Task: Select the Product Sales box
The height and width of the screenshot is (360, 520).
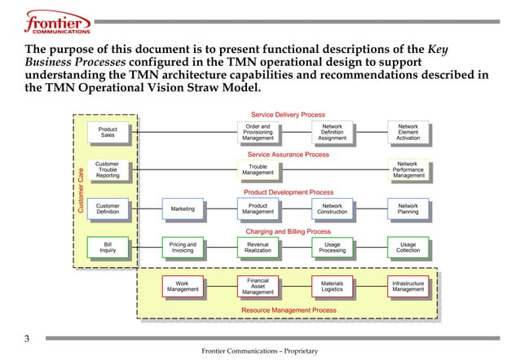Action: point(108,132)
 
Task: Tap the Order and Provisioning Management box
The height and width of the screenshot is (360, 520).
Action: point(258,133)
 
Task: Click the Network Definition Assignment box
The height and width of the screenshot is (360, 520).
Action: point(333,133)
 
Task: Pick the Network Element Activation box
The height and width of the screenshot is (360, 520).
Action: point(408,133)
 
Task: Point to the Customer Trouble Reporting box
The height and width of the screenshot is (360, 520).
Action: point(108,169)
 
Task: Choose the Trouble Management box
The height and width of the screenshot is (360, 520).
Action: point(258,169)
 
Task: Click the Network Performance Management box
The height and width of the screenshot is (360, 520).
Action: point(408,169)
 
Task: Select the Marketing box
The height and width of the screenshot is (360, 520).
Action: point(183,209)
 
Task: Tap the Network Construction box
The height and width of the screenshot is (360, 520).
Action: point(333,209)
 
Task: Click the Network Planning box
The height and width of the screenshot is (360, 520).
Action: point(408,209)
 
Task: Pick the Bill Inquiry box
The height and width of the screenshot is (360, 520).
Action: point(108,247)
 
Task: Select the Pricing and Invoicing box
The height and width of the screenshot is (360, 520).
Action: point(183,247)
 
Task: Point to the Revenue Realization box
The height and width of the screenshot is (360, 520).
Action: point(258,247)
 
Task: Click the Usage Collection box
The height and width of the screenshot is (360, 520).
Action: point(408,247)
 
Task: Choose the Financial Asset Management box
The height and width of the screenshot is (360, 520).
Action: point(258,286)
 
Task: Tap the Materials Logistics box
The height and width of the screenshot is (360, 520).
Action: point(333,286)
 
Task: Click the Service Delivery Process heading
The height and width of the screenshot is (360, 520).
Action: point(288,115)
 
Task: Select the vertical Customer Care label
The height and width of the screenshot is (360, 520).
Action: point(82,191)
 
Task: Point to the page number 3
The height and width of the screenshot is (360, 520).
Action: point(26,339)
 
